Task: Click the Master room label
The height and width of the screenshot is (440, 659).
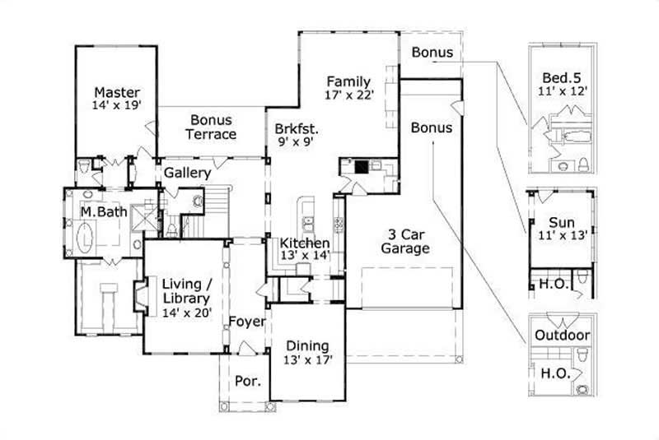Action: (x=116, y=92)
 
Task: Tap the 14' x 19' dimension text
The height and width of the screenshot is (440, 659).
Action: (x=116, y=105)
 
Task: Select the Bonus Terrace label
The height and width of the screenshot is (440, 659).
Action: (x=211, y=127)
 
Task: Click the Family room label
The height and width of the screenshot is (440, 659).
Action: (x=348, y=81)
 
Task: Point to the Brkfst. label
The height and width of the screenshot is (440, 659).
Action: (x=297, y=129)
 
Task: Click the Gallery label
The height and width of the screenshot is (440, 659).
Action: (x=187, y=174)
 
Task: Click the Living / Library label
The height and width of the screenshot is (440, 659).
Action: (x=186, y=291)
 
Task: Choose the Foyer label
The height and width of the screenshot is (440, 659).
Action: (x=246, y=321)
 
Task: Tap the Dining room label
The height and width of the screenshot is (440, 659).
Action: (x=307, y=345)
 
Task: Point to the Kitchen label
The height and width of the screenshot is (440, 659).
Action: (x=305, y=243)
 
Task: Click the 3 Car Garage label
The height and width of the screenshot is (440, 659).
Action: (x=405, y=240)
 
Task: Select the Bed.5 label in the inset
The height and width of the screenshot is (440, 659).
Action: (x=562, y=77)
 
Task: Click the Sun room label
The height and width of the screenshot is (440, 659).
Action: (x=561, y=222)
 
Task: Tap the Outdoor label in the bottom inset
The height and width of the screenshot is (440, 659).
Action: (x=562, y=336)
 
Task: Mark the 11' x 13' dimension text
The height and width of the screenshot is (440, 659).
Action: (x=561, y=235)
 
